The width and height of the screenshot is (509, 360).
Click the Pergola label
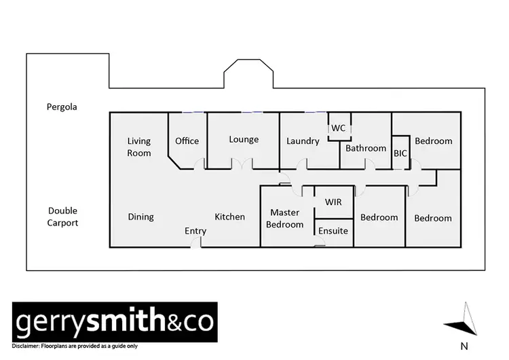(62, 107)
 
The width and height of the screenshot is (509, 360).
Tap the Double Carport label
(62, 217)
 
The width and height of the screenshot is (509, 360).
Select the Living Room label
(139, 147)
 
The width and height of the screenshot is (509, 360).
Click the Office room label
(187, 141)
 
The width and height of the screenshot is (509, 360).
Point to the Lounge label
(244, 139)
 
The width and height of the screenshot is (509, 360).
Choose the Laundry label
(303, 141)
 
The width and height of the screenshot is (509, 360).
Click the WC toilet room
(338, 128)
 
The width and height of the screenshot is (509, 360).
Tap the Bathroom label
(366, 148)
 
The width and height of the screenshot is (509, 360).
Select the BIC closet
(400, 154)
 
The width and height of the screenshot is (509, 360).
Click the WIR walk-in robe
(333, 202)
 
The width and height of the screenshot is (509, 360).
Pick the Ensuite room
(333, 231)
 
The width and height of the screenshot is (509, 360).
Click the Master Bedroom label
(285, 218)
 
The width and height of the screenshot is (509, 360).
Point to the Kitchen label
(229, 217)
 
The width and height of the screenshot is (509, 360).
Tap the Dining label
(140, 217)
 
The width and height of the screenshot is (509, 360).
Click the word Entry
(195, 231)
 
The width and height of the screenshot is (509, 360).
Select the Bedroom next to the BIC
(433, 141)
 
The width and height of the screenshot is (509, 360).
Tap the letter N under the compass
(464, 346)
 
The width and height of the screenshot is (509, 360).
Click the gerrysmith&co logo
(115, 321)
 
